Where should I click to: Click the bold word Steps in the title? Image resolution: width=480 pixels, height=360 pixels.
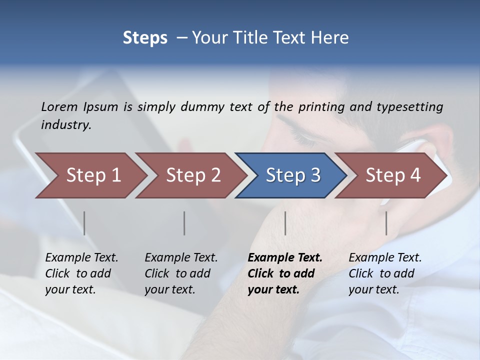pyautogui.click(x=145, y=38)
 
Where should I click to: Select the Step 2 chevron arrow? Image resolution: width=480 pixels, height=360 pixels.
pyautogui.click(x=192, y=175)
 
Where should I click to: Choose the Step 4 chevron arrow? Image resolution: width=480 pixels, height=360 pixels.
pyautogui.click(x=392, y=175)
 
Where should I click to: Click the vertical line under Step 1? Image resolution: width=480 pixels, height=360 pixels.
pyautogui.click(x=84, y=223)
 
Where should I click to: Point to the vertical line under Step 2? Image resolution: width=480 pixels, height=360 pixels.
pyautogui.click(x=184, y=223)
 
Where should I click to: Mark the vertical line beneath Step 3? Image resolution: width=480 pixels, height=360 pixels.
pyautogui.click(x=285, y=223)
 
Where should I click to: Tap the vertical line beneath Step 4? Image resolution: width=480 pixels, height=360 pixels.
pyautogui.click(x=386, y=223)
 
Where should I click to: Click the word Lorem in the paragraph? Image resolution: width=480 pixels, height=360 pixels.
pyautogui.click(x=59, y=107)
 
